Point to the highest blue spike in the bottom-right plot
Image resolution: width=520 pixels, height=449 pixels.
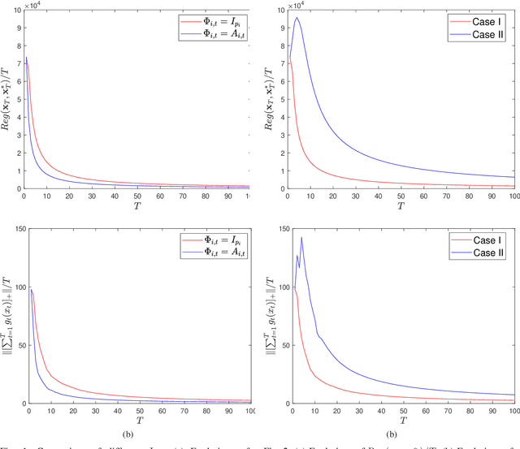tap(301, 237)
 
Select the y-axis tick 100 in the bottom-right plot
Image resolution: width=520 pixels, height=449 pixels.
tap(276, 289)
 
